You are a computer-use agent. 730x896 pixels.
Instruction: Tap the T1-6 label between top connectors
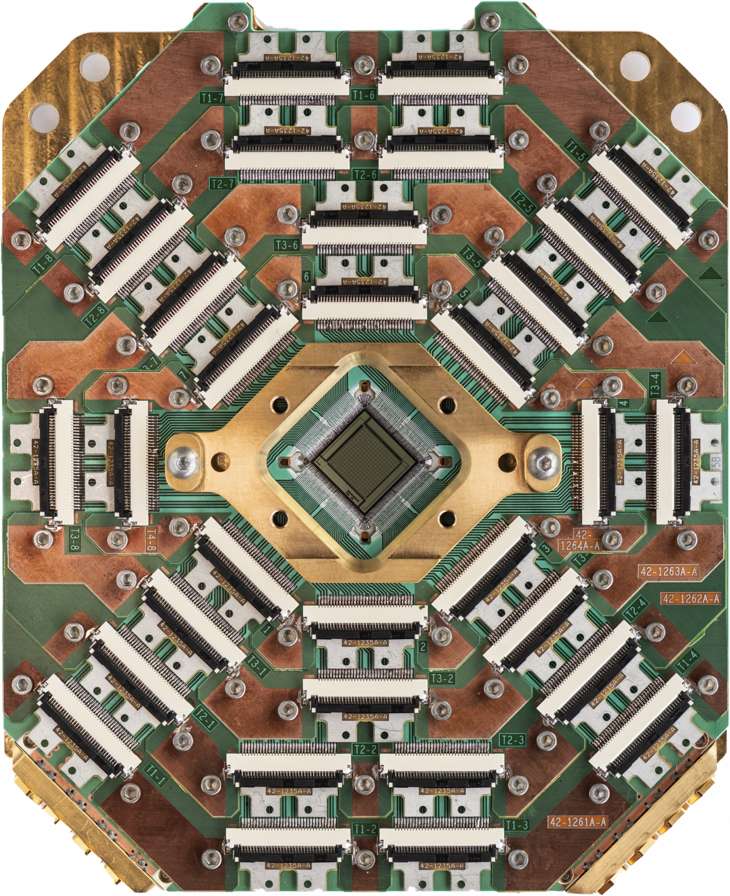(x=363, y=94)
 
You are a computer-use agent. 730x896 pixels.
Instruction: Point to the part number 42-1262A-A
(x=690, y=599)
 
